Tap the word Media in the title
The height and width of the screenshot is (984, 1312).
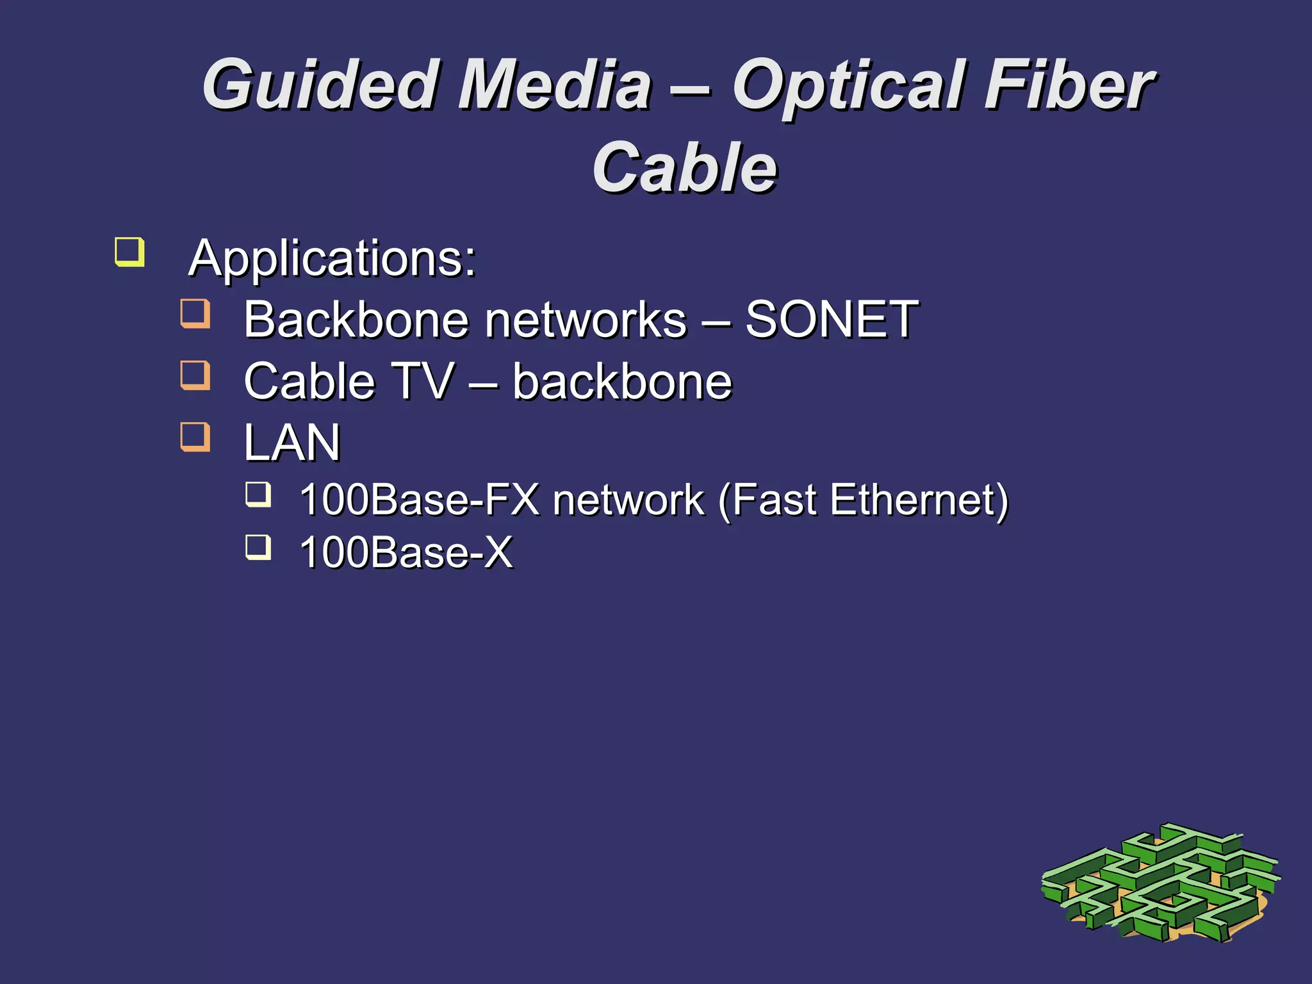coord(555,85)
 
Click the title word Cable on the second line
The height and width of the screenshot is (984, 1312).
coord(685,168)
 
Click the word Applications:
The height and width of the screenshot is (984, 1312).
coord(332,258)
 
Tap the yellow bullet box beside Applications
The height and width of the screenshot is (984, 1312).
coord(129,251)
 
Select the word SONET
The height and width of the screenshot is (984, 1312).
coord(832,320)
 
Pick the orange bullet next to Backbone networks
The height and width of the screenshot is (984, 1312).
coord(195,313)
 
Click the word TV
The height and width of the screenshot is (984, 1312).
coord(422,381)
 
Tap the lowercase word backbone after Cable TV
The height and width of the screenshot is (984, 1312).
coord(622,381)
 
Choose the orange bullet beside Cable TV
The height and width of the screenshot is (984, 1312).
coord(195,375)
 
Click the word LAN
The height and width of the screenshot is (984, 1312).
coord(292,443)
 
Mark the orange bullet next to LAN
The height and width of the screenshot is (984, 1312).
coord(195,436)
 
